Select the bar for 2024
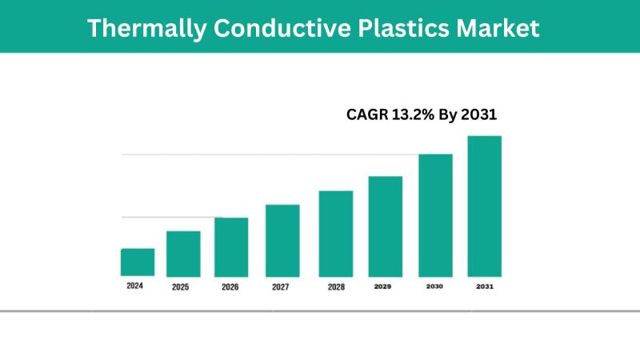138,262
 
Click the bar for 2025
183,253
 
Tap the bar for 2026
231,246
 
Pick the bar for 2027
282,240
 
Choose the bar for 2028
336,233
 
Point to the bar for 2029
385,226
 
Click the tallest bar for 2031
485,206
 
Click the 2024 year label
135,286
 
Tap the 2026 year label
230,286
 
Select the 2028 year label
336,286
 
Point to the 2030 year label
434,286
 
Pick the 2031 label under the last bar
485,286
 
